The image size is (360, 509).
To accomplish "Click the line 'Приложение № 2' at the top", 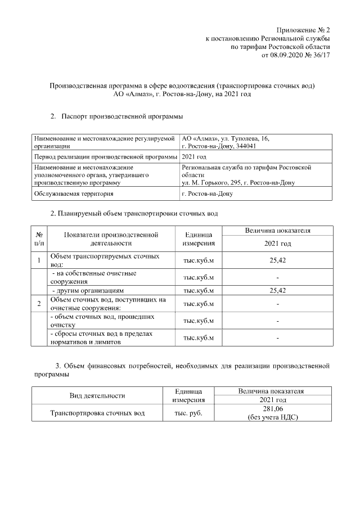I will (x=304, y=30).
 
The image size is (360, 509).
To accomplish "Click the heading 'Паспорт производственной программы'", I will (x=122, y=116).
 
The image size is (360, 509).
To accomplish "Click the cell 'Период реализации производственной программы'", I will (x=105, y=157).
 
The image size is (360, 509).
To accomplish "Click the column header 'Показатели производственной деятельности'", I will (x=111, y=239).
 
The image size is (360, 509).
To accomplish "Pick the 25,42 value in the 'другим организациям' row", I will (x=278, y=291).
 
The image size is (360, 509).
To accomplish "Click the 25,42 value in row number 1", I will (x=278, y=260).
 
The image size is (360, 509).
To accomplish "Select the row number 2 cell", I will (x=39, y=304).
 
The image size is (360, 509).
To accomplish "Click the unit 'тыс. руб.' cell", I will (x=188, y=413).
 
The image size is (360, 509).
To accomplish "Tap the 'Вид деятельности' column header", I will (x=97, y=396).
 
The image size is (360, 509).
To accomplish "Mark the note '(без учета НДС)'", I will (x=272, y=417).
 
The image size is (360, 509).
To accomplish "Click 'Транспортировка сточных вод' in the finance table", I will (x=97, y=413).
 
